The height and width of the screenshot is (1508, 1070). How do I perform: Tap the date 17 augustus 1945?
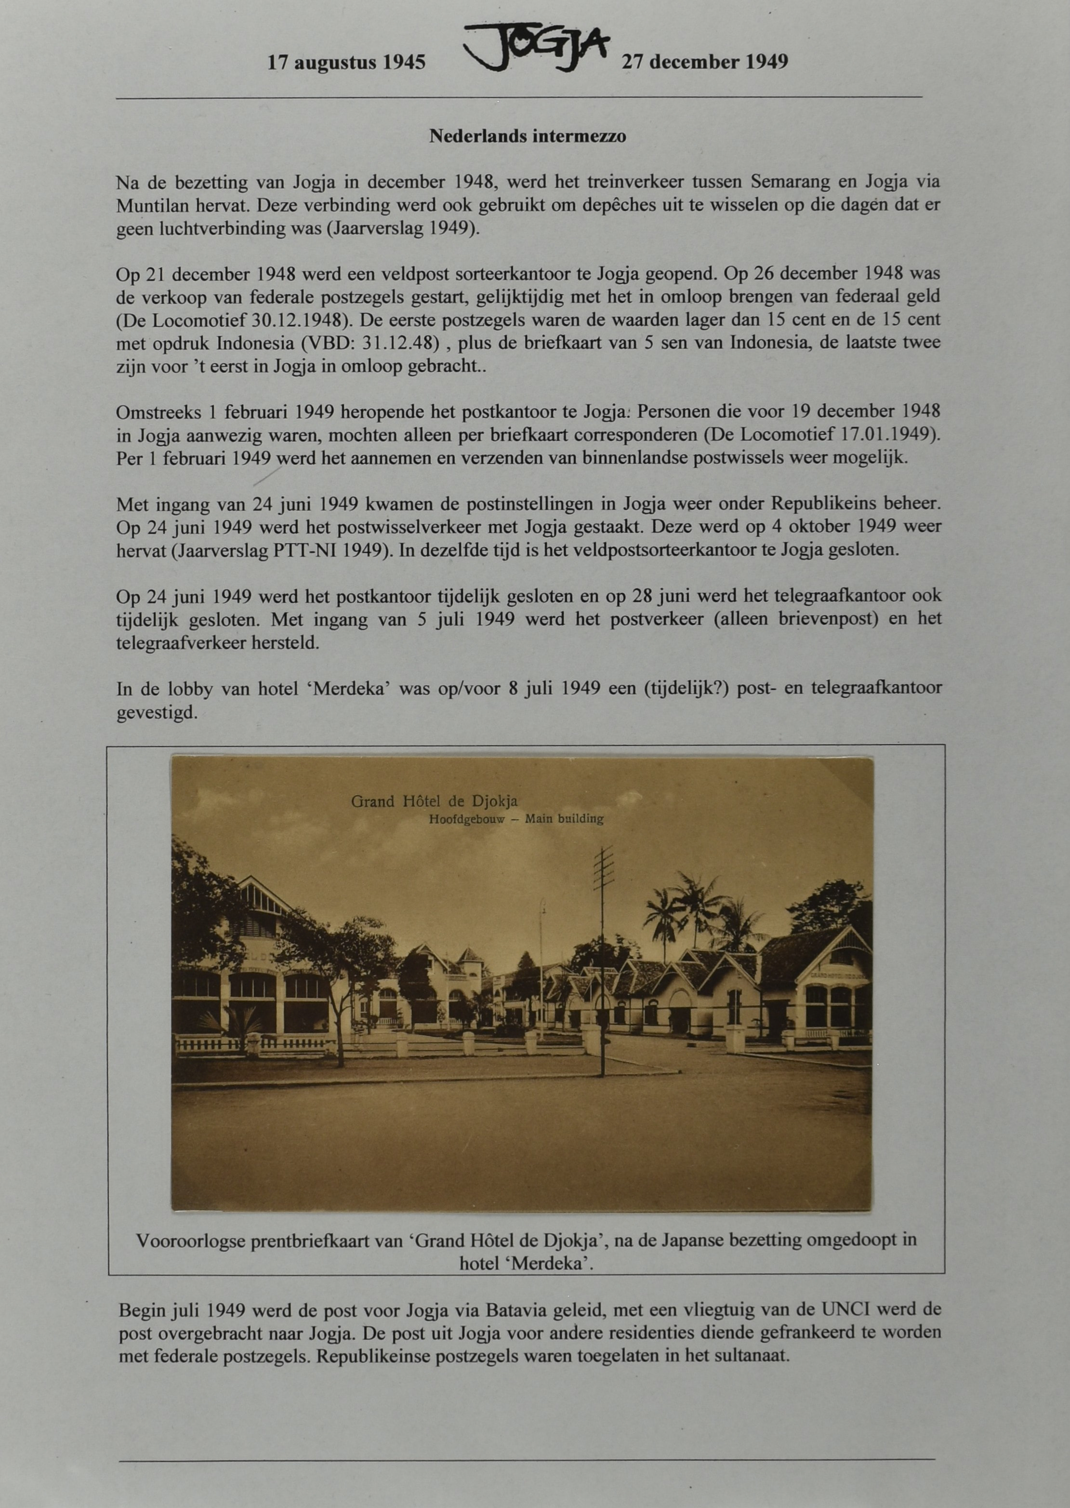point(346,63)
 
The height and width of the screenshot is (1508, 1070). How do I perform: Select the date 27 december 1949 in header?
point(704,62)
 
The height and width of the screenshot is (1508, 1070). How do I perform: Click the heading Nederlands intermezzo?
point(527,136)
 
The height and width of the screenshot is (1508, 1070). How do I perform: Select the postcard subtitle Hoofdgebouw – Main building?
point(516,819)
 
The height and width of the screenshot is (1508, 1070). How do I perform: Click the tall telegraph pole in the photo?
point(603,949)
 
